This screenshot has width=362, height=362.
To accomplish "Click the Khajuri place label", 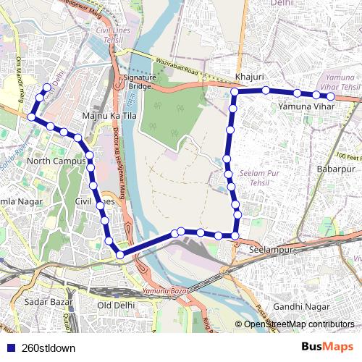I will [x=250, y=77].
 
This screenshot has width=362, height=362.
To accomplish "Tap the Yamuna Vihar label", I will [x=306, y=107].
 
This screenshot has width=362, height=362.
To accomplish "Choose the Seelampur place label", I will [x=269, y=248].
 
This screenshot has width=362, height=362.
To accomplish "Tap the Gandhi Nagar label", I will [x=307, y=307].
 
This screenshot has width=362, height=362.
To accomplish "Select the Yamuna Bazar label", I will [x=167, y=291].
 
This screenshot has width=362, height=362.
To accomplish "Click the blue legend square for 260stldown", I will [x=9, y=348].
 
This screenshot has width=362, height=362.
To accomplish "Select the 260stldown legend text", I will [x=49, y=348].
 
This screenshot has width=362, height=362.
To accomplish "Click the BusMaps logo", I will [x=328, y=347].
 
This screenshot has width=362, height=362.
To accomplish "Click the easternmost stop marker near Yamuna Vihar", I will [x=331, y=96].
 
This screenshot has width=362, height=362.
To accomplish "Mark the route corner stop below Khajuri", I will [x=235, y=92].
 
